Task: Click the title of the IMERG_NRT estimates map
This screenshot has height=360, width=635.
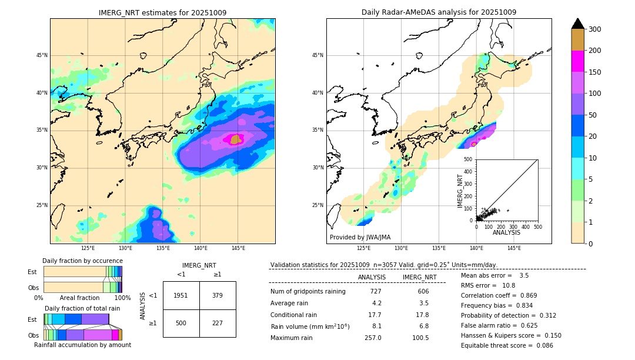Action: coord(162,12)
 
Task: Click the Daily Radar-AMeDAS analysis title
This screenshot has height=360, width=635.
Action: coord(439,12)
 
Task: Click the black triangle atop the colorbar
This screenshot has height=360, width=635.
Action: coord(578,24)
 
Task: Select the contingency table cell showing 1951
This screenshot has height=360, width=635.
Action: coord(181,295)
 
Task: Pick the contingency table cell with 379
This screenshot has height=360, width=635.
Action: coord(218,295)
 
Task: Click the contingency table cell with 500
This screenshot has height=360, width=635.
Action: coord(181,323)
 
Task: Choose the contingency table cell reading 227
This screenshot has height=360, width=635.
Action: coord(218,323)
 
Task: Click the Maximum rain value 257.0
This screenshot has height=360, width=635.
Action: coord(373,338)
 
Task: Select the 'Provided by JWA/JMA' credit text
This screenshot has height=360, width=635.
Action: coord(360,238)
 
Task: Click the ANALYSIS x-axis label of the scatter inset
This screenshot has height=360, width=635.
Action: coord(506,232)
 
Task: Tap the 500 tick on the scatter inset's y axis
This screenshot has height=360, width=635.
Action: coord(468,159)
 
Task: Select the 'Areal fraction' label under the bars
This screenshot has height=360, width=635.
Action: coord(79,298)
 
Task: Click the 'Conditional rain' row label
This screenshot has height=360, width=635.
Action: coord(296,315)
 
